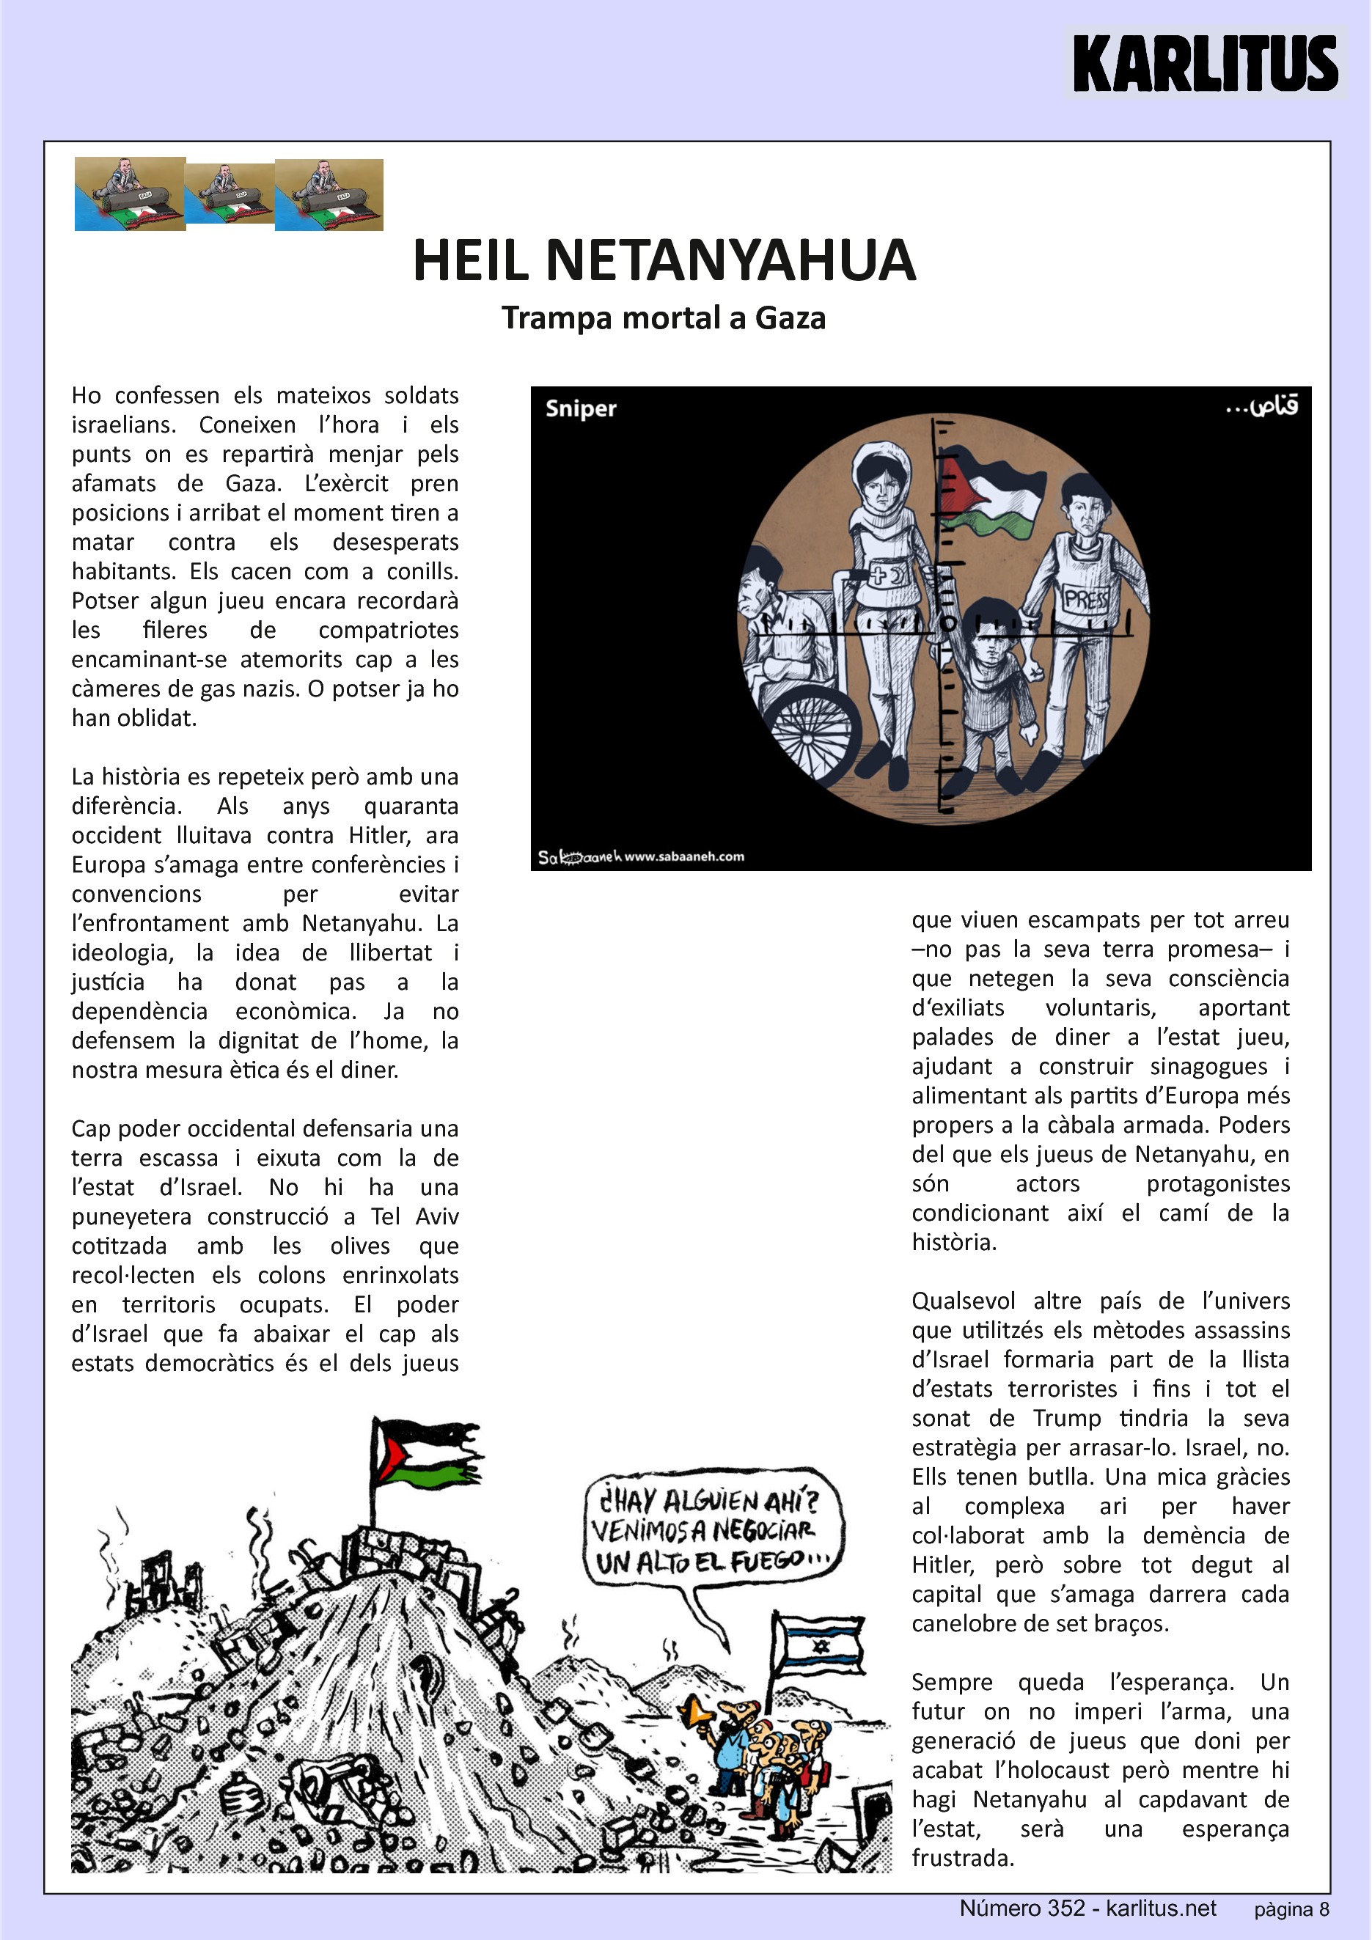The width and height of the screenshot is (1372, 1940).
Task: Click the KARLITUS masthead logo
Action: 1205,63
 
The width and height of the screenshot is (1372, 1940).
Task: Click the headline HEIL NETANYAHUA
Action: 664,260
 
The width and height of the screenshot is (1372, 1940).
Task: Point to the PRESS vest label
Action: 1087,600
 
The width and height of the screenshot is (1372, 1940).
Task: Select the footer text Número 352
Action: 1021,1908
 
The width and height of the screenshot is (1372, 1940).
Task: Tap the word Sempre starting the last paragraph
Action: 951,1683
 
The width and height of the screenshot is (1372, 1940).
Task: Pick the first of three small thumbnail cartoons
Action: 130,194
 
